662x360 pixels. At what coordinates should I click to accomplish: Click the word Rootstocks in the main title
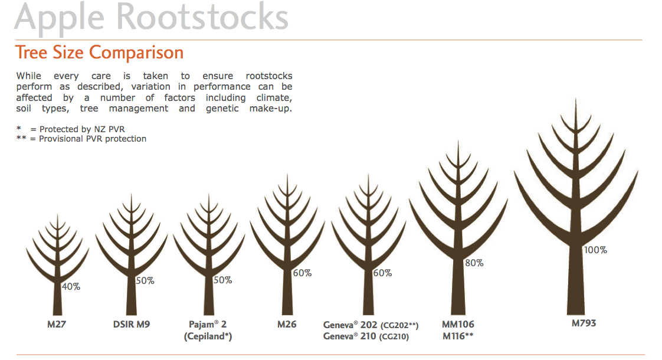(202, 17)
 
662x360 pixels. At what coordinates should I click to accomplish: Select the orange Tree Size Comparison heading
(100, 53)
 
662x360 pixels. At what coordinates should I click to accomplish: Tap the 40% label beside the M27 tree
(71, 286)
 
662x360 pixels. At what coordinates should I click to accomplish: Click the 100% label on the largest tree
(595, 250)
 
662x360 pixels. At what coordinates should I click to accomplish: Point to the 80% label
(474, 263)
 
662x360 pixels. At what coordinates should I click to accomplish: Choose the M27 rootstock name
(57, 325)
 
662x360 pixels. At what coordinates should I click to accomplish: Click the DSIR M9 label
(132, 325)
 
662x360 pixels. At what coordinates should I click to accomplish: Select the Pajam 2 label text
(208, 325)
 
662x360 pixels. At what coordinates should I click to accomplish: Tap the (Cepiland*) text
(208, 336)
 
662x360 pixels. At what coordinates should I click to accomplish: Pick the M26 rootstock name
(287, 325)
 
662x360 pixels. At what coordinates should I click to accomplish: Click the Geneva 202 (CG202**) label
(371, 325)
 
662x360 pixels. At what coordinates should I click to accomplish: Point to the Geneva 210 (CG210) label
(366, 336)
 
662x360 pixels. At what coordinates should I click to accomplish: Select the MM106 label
(458, 325)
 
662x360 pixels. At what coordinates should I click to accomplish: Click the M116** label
(458, 336)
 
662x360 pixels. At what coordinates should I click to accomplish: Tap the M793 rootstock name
(584, 323)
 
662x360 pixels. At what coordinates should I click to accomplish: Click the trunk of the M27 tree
(57, 298)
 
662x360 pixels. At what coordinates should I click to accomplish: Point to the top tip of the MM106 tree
(458, 140)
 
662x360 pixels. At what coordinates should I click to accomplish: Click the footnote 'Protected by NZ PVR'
(82, 129)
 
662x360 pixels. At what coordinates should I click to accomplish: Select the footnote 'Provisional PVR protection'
(93, 139)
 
